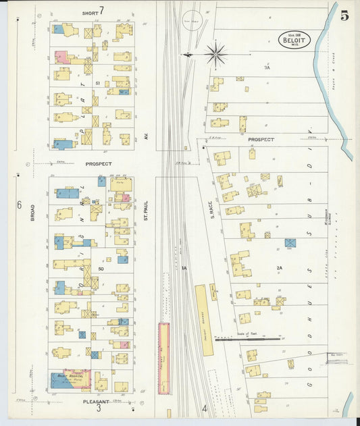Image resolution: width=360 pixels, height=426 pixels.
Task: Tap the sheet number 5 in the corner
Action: click(x=344, y=16)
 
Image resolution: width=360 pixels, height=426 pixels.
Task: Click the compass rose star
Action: click(x=216, y=53)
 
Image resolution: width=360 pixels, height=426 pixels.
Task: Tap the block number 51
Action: click(x=98, y=83)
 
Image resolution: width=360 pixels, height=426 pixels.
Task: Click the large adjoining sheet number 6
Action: click(x=20, y=205)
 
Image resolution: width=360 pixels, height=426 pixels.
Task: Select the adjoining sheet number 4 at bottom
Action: click(x=204, y=408)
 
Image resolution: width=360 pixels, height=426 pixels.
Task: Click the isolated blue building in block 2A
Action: click(x=290, y=242)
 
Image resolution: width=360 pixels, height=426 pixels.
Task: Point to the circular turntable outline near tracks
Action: click(x=191, y=21)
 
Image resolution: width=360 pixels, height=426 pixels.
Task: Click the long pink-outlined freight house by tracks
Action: click(x=163, y=358)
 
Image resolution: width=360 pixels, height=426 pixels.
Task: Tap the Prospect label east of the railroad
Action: click(x=261, y=140)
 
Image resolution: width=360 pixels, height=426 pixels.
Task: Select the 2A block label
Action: click(x=279, y=268)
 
